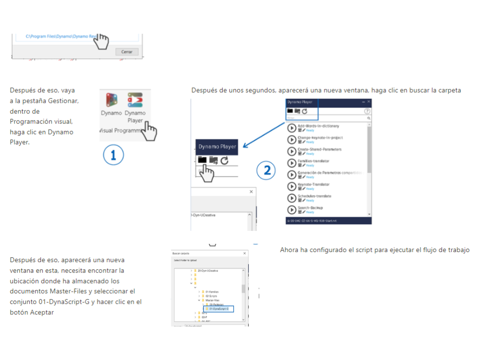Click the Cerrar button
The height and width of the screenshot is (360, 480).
(127, 52)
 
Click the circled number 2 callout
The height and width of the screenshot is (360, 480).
(267, 169)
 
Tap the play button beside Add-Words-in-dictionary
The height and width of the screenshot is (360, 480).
(291, 128)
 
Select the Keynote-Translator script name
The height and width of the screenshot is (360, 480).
(313, 184)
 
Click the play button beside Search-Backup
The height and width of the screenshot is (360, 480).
(291, 210)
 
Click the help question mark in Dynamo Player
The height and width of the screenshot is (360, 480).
(367, 111)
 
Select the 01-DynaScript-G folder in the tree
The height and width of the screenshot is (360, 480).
(219, 309)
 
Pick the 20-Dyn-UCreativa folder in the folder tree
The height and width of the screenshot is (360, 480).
(208, 271)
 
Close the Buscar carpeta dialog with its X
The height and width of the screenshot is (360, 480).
(244, 253)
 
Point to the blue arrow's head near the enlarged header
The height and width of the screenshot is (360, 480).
(244, 147)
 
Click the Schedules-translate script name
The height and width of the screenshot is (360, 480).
(314, 196)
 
